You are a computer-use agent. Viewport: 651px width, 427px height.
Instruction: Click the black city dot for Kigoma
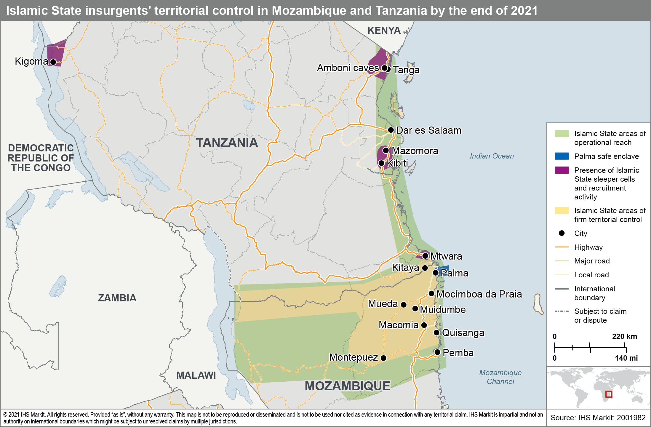(x=53, y=62)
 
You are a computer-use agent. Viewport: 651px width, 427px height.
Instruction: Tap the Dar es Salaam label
(x=428, y=130)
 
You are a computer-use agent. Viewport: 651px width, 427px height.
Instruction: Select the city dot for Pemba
(x=437, y=352)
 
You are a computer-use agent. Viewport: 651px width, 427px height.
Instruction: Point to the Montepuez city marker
(x=383, y=358)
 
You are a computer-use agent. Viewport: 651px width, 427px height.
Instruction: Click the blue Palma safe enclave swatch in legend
(x=562, y=156)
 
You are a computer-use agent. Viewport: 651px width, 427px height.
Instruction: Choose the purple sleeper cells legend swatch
(x=562, y=170)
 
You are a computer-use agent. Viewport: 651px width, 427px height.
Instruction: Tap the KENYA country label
(x=384, y=31)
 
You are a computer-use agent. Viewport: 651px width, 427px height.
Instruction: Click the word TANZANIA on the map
(x=227, y=143)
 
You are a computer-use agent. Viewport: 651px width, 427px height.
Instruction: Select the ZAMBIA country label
(x=117, y=298)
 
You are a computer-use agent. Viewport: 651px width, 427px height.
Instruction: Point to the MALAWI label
(x=196, y=375)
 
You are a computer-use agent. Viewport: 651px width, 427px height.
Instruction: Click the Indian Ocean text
(x=492, y=156)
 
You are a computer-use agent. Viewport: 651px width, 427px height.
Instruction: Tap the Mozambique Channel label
(x=500, y=377)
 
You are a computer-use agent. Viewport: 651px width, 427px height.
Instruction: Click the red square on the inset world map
(x=609, y=394)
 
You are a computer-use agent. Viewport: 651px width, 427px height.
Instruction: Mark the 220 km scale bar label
(x=624, y=336)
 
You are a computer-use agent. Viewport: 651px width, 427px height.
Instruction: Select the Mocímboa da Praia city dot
(x=431, y=294)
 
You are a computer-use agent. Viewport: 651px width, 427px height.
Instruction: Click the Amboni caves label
(x=348, y=68)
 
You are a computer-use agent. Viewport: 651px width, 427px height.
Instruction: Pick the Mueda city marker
(x=404, y=305)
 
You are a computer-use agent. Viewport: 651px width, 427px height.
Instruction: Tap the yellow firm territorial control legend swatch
(x=562, y=211)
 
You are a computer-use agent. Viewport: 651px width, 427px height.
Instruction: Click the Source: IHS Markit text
(x=598, y=418)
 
